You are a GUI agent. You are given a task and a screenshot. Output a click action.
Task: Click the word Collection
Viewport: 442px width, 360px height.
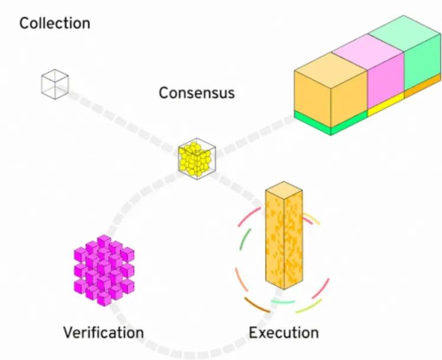click(x=55, y=24)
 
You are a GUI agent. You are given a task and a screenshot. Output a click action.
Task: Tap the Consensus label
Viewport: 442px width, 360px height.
click(x=196, y=93)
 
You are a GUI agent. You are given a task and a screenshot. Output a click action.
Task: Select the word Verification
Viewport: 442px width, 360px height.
click(x=103, y=332)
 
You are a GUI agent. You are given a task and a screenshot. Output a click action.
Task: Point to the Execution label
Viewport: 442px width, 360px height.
click(x=283, y=332)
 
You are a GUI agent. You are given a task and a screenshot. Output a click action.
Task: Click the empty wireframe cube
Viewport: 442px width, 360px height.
click(x=54, y=84)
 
